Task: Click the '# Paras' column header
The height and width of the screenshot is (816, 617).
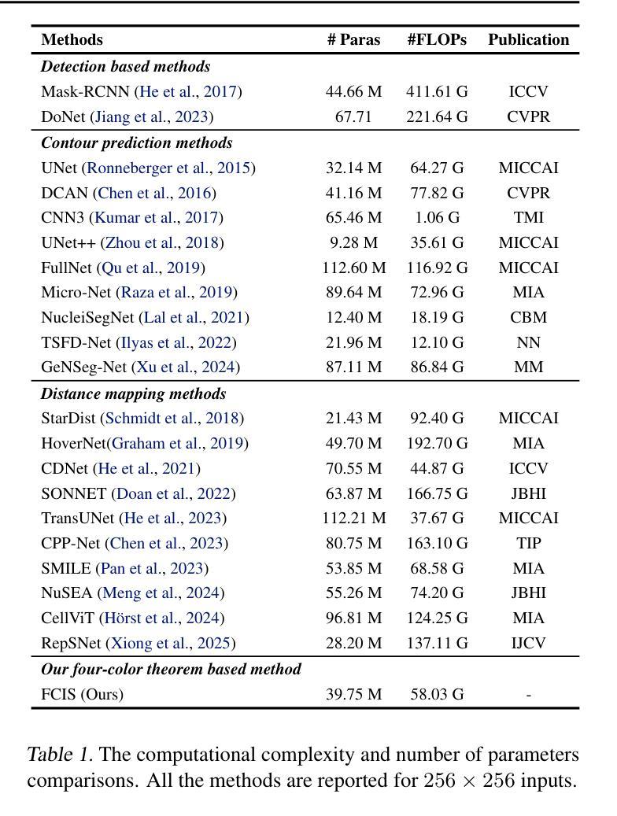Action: point(353,39)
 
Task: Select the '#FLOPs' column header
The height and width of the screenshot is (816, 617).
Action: point(437,39)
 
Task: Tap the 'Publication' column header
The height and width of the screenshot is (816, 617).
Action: point(529,39)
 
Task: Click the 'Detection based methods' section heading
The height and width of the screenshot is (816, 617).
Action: point(125,66)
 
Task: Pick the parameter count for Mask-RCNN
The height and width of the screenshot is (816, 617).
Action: point(353,91)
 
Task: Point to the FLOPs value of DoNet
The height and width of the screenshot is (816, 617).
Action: point(437,116)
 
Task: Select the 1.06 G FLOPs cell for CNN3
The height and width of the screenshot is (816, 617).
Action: point(437,217)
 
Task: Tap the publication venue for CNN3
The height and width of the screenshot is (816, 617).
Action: point(529,217)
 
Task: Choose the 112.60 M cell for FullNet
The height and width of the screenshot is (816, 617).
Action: point(353,268)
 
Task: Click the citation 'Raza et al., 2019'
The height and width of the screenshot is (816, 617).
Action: point(176,293)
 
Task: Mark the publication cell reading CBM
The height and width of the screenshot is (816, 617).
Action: point(529,317)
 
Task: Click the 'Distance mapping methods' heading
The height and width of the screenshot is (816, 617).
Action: point(133,393)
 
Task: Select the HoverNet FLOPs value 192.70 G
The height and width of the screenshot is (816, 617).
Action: point(437,443)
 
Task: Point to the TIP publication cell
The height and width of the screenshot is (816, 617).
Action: point(529,543)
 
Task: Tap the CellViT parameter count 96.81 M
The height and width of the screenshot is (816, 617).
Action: point(353,618)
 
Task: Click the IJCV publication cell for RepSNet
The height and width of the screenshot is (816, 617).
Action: point(529,643)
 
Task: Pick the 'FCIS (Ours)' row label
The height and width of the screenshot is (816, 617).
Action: point(83,694)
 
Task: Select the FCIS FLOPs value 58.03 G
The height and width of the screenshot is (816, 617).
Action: point(437,694)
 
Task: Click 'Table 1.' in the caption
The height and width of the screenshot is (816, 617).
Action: point(60,755)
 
